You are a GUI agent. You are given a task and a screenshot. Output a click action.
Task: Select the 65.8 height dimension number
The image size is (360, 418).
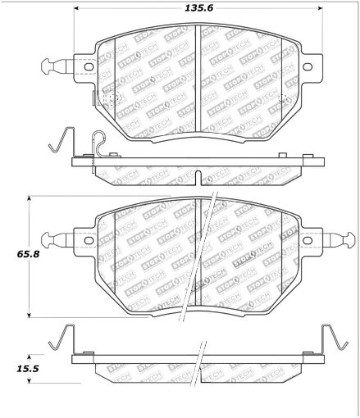pyautogui.click(x=14, y=256)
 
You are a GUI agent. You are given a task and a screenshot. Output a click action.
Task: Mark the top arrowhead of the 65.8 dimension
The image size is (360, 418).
pyautogui.click(x=30, y=199)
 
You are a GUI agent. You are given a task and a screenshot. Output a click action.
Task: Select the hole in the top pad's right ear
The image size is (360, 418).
pyautogui.click(x=308, y=68)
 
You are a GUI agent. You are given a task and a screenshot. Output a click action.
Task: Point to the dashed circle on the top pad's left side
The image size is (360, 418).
pyautogui.click(x=112, y=99)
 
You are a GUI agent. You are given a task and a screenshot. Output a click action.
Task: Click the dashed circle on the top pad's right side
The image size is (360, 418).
pyautogui.click(x=283, y=99)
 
